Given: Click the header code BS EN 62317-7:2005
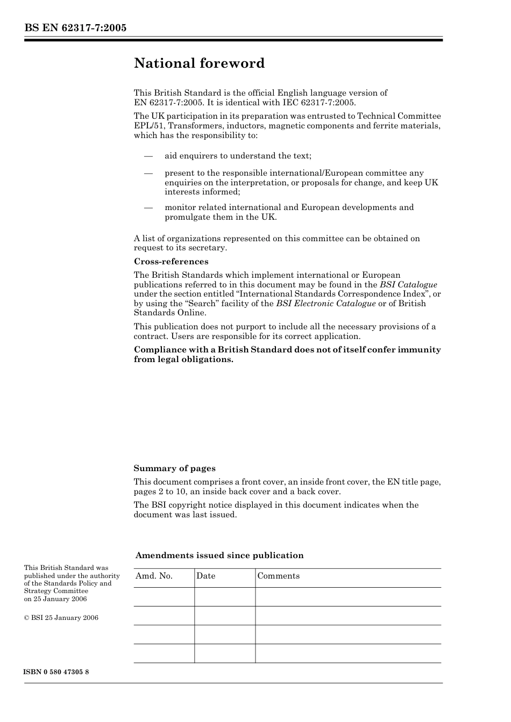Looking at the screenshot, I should tap(75, 27).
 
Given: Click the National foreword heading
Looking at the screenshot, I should tap(199, 63).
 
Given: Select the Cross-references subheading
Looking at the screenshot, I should tap(171, 262).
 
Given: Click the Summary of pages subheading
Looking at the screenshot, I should tap(174, 468).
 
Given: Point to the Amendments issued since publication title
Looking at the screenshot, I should tap(219, 555).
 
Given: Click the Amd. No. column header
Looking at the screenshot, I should tap(154, 576).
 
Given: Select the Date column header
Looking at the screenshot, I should tap(205, 576).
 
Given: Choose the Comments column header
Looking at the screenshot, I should tap(278, 576).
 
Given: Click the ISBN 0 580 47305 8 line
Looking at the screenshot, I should tap(56, 672).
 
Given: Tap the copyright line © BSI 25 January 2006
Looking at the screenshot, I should tap(61, 618).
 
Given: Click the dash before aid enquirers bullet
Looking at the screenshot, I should tap(148, 156).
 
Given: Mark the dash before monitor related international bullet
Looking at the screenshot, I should tap(148, 208).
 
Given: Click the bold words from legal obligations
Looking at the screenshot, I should tap(183, 359).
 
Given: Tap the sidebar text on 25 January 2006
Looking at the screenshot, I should tap(55, 599).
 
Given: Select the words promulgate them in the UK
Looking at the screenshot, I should tap(221, 217).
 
